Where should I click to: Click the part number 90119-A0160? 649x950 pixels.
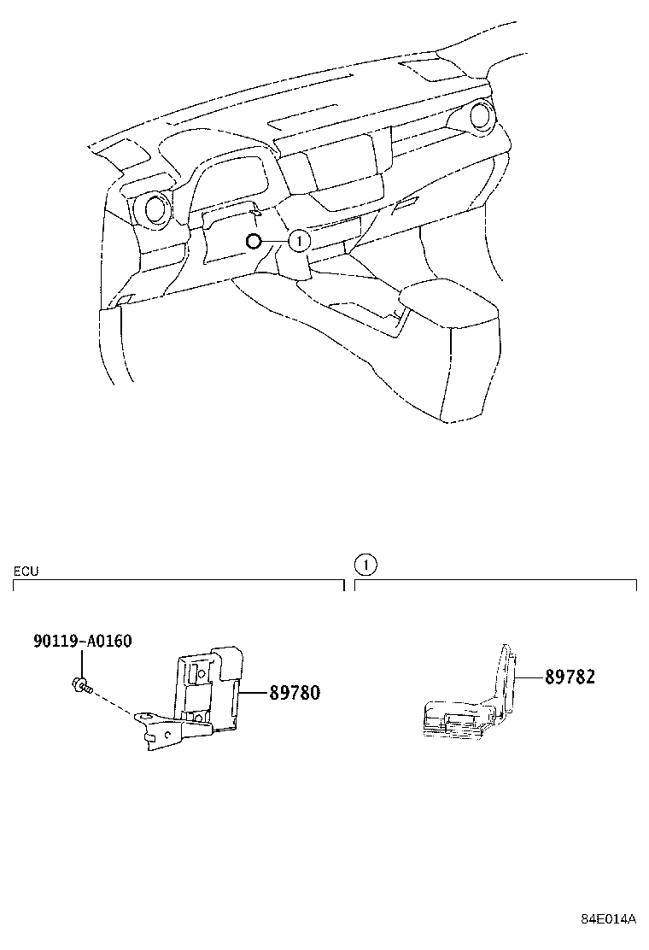(82, 641)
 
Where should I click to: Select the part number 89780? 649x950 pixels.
(295, 693)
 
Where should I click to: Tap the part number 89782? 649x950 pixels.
(570, 677)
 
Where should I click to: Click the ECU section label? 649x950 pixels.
(26, 570)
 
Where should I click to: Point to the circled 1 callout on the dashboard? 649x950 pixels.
(296, 242)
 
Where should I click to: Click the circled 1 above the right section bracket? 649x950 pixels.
(365, 565)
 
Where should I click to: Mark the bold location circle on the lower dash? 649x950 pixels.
(252, 242)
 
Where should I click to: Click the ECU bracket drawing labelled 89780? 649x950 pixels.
(201, 696)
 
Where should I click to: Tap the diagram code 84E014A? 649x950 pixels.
(609, 919)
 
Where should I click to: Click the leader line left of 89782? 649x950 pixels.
(531, 677)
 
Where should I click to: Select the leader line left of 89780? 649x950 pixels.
(254, 693)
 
